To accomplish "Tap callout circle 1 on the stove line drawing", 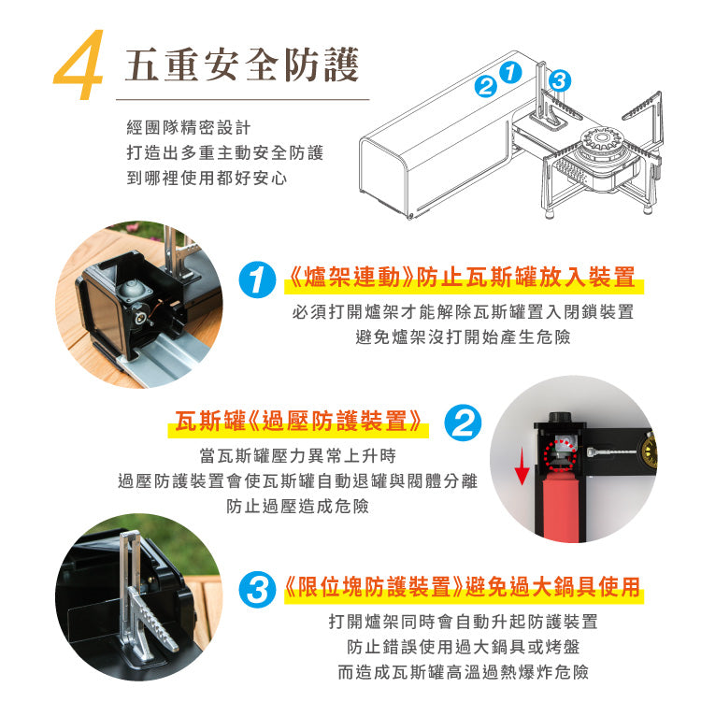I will pos(509,72).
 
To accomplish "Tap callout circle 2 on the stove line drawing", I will pos(485,87).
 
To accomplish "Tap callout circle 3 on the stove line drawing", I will pos(559,80).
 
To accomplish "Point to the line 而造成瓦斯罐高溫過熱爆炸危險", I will pos(463,671).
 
